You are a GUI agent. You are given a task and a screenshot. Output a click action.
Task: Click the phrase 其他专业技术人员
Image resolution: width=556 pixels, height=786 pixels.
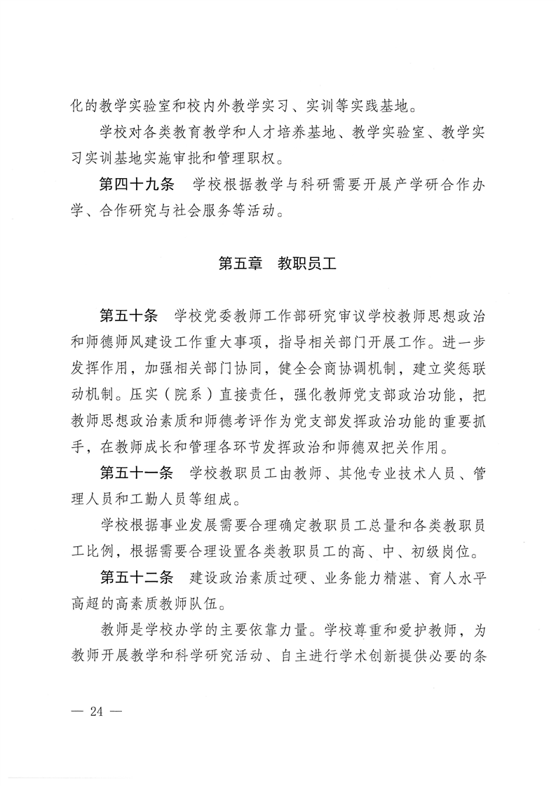point(361,472)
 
